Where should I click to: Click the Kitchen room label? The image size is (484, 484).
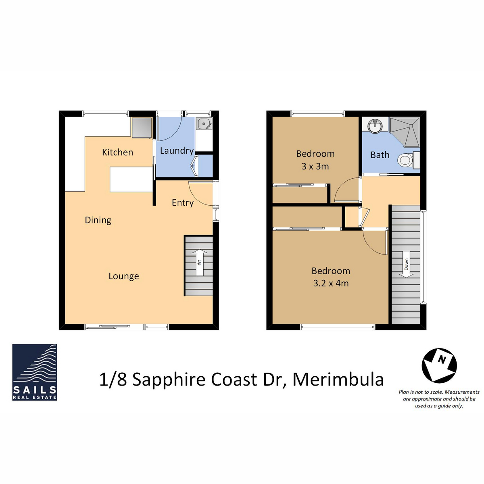[117, 152]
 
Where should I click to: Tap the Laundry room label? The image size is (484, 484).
[177, 150]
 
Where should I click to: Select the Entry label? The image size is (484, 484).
[182, 202]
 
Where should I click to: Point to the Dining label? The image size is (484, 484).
[98, 220]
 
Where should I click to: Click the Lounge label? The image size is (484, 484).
[124, 276]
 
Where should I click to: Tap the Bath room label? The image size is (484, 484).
[380, 155]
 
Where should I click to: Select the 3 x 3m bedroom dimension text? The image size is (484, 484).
[315, 166]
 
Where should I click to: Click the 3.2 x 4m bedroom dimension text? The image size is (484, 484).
[331, 283]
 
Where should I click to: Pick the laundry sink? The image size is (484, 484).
[204, 124]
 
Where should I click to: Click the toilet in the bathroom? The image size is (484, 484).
[407, 160]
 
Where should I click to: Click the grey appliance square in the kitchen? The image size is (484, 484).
[142, 128]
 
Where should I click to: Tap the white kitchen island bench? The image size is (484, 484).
[131, 180]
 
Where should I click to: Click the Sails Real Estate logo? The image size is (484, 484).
[35, 372]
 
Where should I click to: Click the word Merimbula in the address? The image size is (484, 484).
[338, 380]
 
